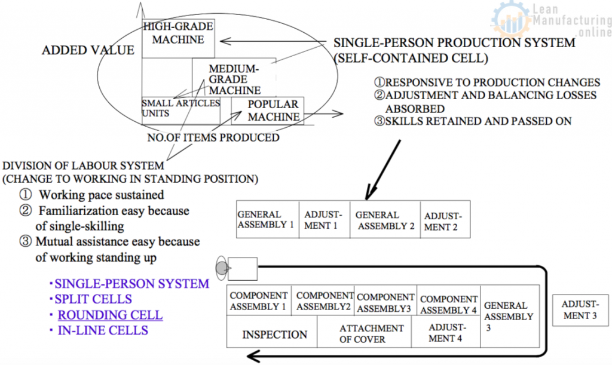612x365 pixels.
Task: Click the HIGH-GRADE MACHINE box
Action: (x=178, y=38)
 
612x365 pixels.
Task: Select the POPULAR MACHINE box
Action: (x=267, y=111)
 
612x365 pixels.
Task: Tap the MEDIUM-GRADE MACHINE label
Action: (x=234, y=79)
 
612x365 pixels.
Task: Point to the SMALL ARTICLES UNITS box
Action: (x=180, y=111)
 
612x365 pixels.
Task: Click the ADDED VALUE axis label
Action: (x=88, y=50)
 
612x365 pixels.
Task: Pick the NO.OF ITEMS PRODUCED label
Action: (x=213, y=137)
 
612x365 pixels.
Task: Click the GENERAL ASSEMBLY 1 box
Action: (x=268, y=220)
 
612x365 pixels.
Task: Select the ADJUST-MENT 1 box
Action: (x=325, y=220)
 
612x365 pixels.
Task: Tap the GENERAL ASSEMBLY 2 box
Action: (x=385, y=220)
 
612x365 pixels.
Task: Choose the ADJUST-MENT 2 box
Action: (x=445, y=220)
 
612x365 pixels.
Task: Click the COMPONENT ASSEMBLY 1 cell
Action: (x=259, y=300)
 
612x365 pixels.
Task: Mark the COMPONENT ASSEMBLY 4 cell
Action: (x=448, y=300)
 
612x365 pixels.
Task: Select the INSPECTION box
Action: (x=272, y=332)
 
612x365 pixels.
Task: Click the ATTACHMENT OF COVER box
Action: (x=364, y=332)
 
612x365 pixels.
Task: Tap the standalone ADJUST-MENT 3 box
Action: (x=580, y=310)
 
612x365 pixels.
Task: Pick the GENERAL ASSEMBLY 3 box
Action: (x=510, y=316)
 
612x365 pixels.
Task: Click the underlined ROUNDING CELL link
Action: (x=110, y=315)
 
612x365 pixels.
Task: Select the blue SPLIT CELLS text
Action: (x=93, y=299)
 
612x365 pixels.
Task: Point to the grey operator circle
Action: (x=222, y=268)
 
